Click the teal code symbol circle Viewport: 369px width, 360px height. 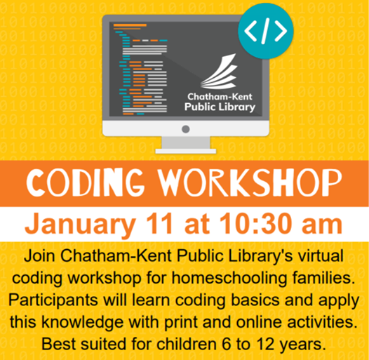[x=266, y=31]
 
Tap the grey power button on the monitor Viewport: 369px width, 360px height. [x=186, y=129]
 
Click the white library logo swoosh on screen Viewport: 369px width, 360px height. [x=219, y=72]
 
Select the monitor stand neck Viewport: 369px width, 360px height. [x=186, y=142]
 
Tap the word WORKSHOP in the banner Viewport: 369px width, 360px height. [x=250, y=183]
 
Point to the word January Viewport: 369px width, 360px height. [x=81, y=224]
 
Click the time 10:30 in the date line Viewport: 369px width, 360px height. [x=257, y=222]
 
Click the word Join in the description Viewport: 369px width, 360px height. [x=39, y=255]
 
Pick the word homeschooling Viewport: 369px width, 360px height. [x=229, y=278]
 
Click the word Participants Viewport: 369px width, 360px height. [x=53, y=300]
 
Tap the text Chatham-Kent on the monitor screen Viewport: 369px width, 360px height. [x=220, y=97]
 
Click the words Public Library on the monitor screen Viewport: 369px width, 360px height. [x=220, y=107]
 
